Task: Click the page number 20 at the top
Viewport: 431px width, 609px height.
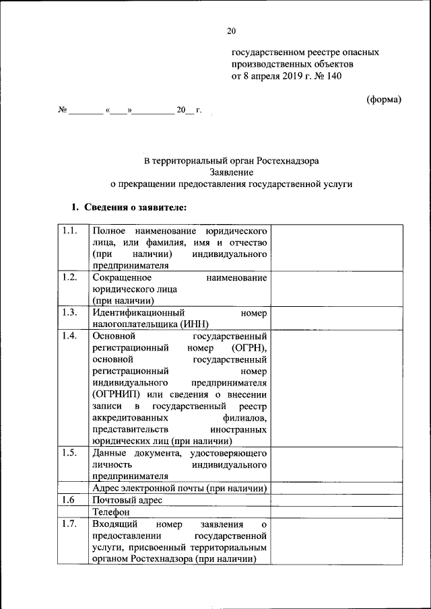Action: click(232, 31)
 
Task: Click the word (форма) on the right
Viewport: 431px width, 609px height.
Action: click(383, 100)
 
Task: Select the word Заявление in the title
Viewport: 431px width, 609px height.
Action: click(232, 172)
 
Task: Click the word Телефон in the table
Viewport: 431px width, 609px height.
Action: click(111, 512)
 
